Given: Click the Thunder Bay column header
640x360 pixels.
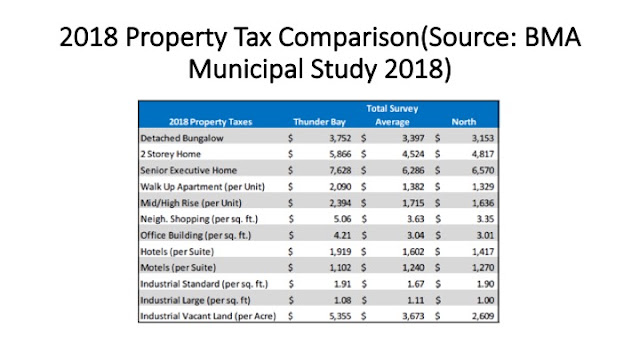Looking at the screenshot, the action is pyautogui.click(x=319, y=122).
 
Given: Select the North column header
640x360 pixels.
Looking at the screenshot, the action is pyautogui.click(x=464, y=122).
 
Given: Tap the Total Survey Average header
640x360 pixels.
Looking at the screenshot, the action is pyautogui.click(x=392, y=115).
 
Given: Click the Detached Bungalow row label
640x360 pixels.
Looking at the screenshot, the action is pyautogui.click(x=182, y=138).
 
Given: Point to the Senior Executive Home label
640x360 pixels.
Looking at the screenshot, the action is pyautogui.click(x=189, y=171).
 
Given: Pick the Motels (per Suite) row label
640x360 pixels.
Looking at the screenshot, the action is pyautogui.click(x=178, y=268).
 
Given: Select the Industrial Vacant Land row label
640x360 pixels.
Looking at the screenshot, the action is pyautogui.click(x=208, y=316).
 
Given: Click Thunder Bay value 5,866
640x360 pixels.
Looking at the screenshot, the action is pyautogui.click(x=340, y=154).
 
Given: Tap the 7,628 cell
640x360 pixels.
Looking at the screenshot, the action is pyautogui.click(x=340, y=171).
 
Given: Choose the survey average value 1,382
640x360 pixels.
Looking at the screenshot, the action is pyautogui.click(x=413, y=187).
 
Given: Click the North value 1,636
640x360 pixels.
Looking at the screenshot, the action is pyautogui.click(x=483, y=203).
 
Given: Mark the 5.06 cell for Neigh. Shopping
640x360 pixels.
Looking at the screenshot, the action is pyautogui.click(x=342, y=219).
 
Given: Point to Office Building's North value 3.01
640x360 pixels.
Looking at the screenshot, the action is pyautogui.click(x=485, y=236).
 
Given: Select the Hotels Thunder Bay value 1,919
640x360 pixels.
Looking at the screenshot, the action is pyautogui.click(x=340, y=252).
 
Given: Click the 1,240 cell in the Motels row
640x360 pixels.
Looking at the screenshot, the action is pyautogui.click(x=413, y=268).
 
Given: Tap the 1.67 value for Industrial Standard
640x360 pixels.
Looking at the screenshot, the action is pyautogui.click(x=416, y=284).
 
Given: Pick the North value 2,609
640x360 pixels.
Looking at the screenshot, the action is pyautogui.click(x=483, y=316).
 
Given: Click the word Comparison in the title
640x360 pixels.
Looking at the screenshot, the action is pyautogui.click(x=349, y=38).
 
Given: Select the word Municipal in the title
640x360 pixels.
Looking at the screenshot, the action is pyautogui.click(x=246, y=69).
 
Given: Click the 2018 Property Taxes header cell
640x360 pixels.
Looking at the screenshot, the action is pyautogui.click(x=211, y=122).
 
